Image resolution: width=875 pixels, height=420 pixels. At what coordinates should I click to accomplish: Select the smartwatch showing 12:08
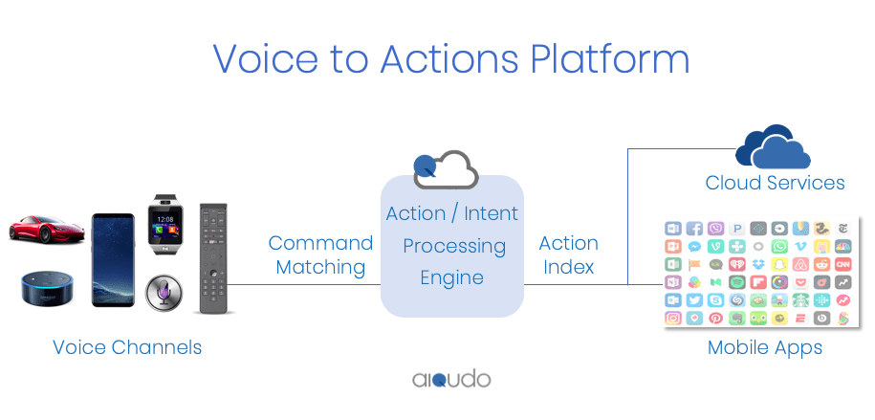164,226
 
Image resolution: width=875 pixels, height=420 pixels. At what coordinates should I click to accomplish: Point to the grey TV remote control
215,258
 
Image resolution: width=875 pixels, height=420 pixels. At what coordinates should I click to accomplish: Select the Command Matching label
320,255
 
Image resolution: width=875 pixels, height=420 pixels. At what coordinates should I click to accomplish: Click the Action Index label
569,255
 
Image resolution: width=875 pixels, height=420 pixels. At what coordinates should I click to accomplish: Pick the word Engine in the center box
452,278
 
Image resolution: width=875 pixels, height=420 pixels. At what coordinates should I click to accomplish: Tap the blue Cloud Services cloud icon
773,147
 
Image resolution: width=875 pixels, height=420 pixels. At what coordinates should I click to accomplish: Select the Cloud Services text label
775,183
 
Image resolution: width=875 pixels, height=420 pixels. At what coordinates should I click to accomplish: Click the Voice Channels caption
127,347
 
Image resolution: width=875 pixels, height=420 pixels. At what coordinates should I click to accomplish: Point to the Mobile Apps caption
764,347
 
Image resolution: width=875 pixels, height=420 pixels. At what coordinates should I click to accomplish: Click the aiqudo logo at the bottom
451,379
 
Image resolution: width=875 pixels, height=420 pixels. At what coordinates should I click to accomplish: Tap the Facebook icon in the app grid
694,229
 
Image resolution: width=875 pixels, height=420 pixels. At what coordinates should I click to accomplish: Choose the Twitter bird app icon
694,299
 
